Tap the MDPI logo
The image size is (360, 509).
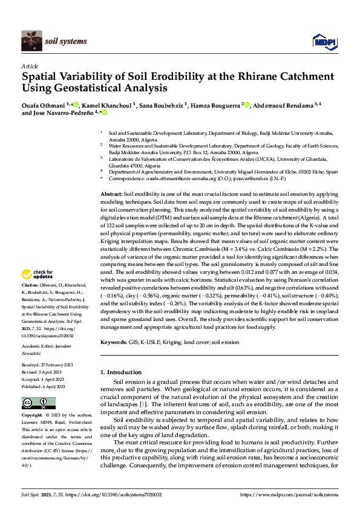pyautogui.click(x=324, y=42)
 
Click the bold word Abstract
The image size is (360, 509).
pyautogui.click(x=111, y=192)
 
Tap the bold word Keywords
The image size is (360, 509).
pyautogui.click(x=114, y=342)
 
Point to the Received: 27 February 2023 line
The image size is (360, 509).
pyautogui.click(x=48, y=366)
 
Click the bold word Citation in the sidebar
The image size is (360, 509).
pyautogui.click(x=30, y=284)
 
